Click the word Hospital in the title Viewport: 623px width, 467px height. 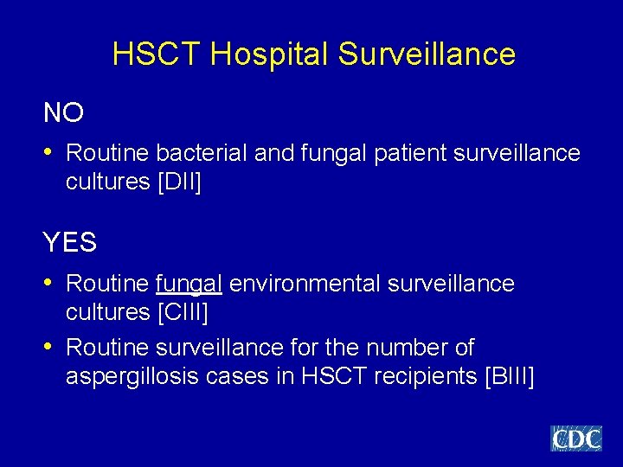pos(269,54)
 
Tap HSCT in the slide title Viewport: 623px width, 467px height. pos(157,54)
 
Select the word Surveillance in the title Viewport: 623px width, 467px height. pos(427,54)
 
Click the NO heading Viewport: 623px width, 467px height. pos(64,112)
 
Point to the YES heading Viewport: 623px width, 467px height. pos(70,243)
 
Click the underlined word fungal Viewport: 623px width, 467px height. pos(189,284)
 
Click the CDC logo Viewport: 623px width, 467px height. pos(576,438)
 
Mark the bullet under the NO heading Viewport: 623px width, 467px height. pos(49,152)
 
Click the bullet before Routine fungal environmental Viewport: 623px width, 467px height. pos(49,283)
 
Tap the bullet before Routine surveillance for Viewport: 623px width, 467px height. pos(49,347)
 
